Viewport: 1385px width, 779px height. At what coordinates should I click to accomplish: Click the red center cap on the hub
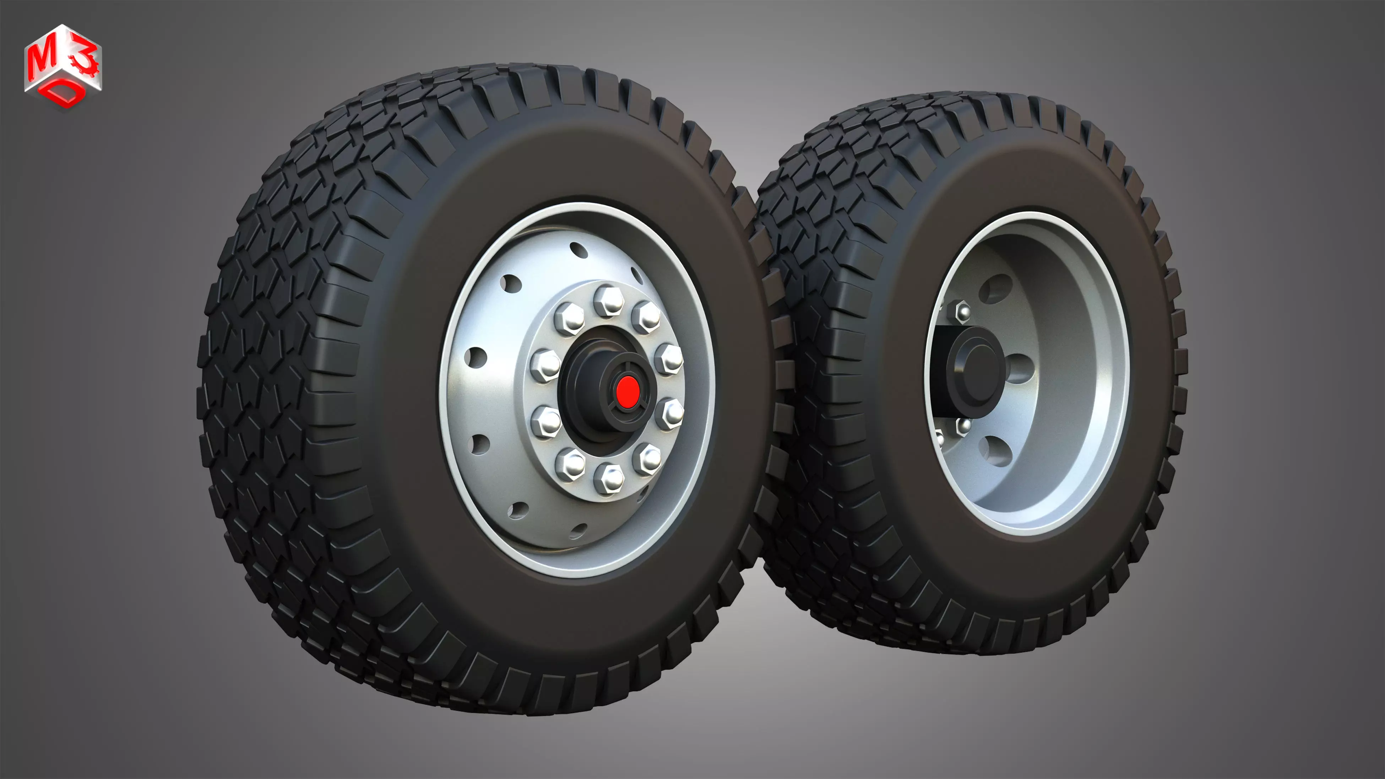click(x=627, y=392)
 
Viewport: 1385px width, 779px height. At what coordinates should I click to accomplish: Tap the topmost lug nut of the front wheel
click(x=608, y=301)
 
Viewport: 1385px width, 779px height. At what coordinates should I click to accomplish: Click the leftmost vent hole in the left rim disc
click(x=476, y=356)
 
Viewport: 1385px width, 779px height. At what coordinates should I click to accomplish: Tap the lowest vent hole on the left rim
click(x=578, y=531)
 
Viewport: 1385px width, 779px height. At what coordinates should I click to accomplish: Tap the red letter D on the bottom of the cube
click(x=66, y=95)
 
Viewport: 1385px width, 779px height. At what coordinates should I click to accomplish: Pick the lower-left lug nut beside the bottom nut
click(x=571, y=464)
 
